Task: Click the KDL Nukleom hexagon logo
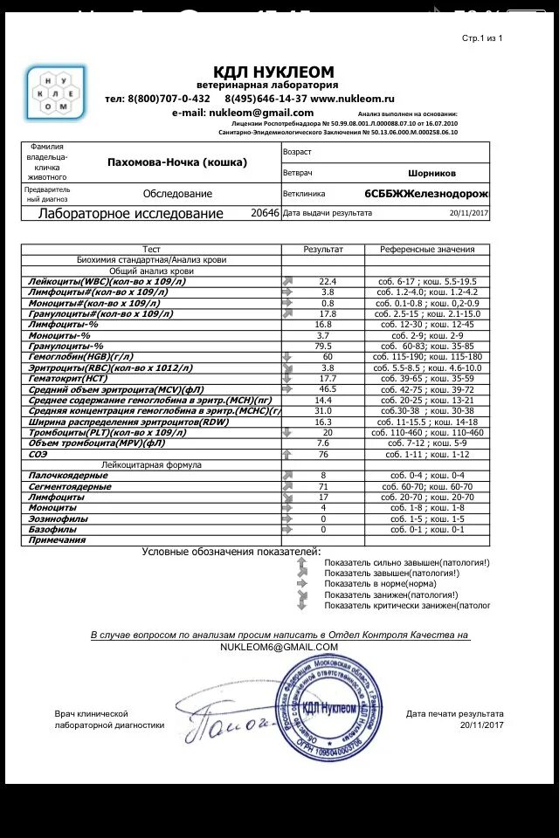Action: [55, 93]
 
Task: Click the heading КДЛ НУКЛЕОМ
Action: [273, 72]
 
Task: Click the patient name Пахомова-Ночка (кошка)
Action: [176, 162]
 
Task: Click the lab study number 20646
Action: [265, 212]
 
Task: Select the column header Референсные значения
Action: [427, 250]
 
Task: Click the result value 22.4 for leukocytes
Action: [327, 282]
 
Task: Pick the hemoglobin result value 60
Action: [327, 357]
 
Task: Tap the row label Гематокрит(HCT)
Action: [60, 378]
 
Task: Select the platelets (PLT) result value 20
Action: [327, 432]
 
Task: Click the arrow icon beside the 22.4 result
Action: [288, 282]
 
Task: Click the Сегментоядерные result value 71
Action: [323, 486]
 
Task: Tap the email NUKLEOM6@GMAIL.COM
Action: [279, 647]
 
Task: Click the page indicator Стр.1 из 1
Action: [482, 38]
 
